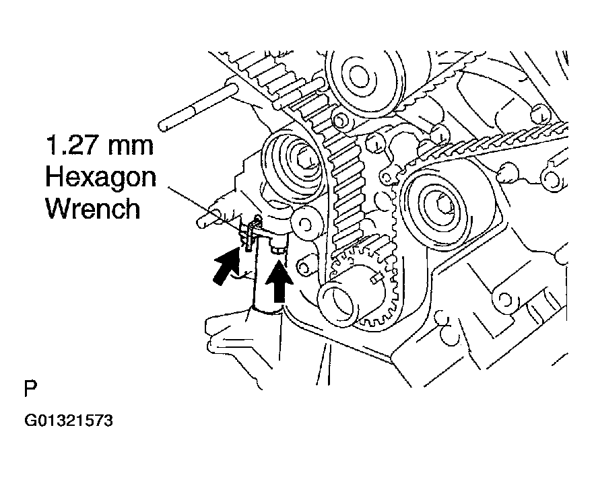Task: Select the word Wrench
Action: tap(92, 209)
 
